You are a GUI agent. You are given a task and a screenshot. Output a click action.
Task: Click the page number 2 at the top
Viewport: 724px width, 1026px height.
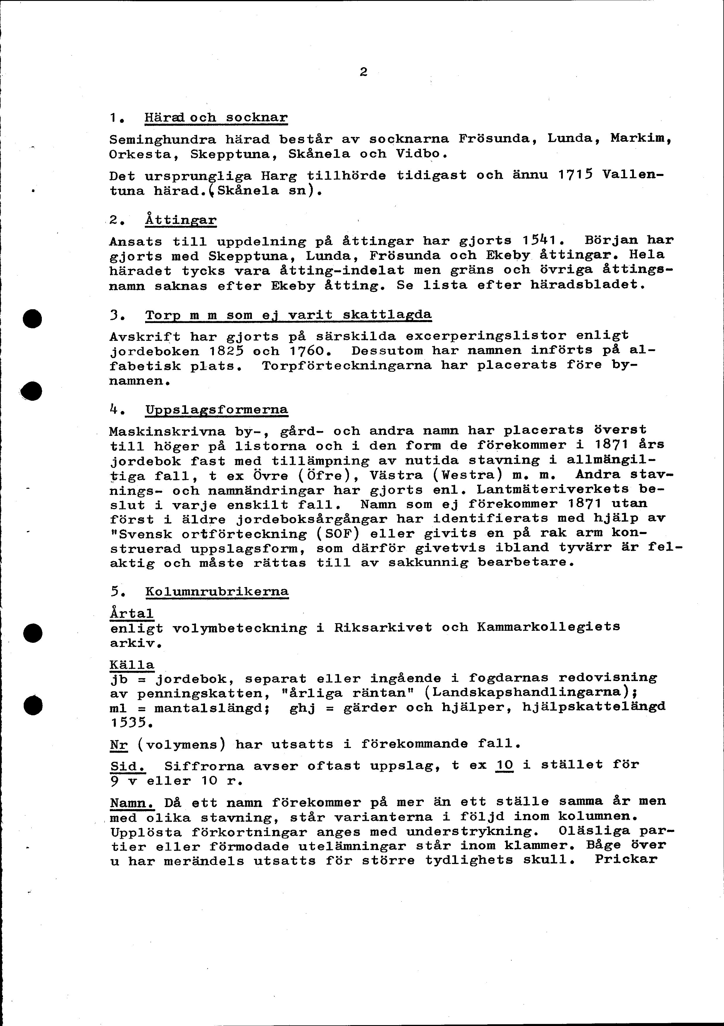tap(363, 72)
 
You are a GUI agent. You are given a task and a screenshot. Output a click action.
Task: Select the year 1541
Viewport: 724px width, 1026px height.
tap(540, 240)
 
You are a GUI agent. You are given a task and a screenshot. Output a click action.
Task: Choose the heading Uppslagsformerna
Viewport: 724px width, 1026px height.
tap(217, 410)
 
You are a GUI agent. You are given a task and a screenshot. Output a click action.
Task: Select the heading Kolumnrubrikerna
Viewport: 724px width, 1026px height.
tap(217, 591)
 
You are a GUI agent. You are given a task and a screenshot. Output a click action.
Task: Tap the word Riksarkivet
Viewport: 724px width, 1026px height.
tap(383, 627)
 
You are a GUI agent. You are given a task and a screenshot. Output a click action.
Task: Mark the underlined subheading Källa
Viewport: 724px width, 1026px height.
tap(132, 665)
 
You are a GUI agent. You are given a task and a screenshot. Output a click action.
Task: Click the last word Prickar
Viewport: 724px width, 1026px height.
tap(626, 859)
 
